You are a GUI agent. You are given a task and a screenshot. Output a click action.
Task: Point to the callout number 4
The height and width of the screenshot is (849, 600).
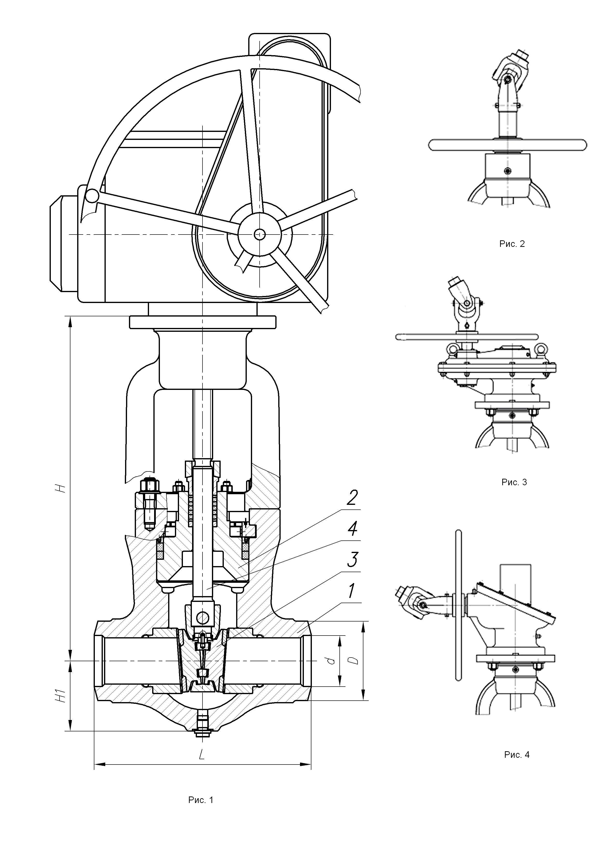(352, 529)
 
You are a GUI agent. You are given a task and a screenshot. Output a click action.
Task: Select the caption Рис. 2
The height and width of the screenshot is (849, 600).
(512, 244)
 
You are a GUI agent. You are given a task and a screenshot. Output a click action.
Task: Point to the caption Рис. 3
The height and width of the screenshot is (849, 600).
(514, 482)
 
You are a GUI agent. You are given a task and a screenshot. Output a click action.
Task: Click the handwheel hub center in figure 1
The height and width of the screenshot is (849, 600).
(260, 234)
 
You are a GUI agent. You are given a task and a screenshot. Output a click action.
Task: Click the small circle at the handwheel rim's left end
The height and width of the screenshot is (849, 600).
(92, 195)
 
